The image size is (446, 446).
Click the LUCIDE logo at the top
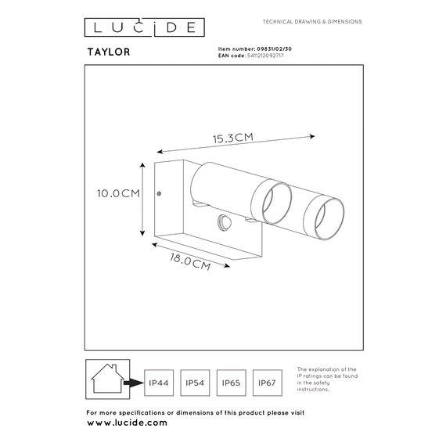point(145,27)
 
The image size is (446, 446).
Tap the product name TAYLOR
point(109,52)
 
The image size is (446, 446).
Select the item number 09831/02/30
point(274,49)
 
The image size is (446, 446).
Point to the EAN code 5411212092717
point(265,56)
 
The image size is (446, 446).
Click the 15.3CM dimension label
point(233,138)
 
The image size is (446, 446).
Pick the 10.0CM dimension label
point(118,193)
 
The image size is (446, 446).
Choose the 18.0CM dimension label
point(190,261)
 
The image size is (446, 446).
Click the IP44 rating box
point(159,383)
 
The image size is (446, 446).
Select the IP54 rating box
point(195,383)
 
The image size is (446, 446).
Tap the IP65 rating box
point(232,383)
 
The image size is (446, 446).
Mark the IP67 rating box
point(268,383)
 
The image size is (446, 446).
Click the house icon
point(107,379)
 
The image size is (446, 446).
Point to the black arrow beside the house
point(134,383)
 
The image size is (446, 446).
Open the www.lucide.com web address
point(127,423)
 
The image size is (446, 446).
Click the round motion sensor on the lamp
point(224,221)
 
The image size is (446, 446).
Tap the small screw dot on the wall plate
point(159,193)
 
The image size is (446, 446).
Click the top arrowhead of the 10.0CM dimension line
point(142,165)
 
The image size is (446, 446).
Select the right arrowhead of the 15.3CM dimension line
point(312,136)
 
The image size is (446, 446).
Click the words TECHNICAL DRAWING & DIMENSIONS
point(312,22)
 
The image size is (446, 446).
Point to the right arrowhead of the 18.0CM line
point(227,266)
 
